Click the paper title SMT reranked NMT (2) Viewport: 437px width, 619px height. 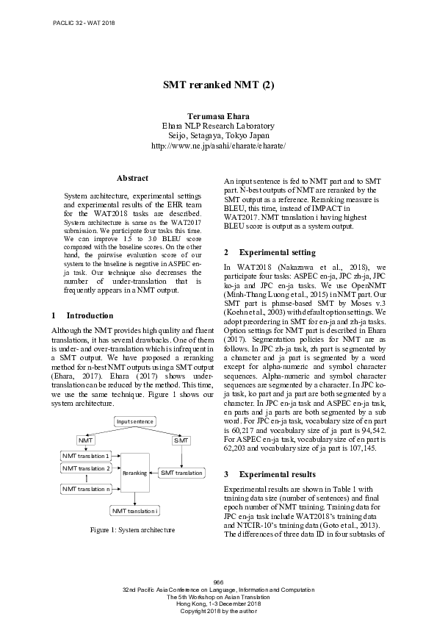click(218, 85)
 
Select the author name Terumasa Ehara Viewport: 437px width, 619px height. click(218, 116)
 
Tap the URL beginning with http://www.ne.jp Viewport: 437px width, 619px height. click(218, 146)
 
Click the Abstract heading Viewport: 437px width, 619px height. click(132, 178)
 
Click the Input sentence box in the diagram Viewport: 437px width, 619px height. click(134, 421)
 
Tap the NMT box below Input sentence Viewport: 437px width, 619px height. click(87, 440)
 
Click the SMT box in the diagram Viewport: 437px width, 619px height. click(181, 440)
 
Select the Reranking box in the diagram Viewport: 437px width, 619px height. click(134, 473)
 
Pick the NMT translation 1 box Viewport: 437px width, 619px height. click(86, 457)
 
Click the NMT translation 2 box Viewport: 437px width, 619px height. click(86, 468)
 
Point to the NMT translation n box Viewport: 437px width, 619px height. click(86, 489)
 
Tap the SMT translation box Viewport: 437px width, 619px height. click(181, 473)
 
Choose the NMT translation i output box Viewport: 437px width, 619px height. click(136, 510)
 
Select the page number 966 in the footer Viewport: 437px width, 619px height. click(218, 582)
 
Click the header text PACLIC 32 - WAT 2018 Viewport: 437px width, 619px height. click(84, 24)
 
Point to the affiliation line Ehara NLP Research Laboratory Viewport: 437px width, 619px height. click(218, 126)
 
